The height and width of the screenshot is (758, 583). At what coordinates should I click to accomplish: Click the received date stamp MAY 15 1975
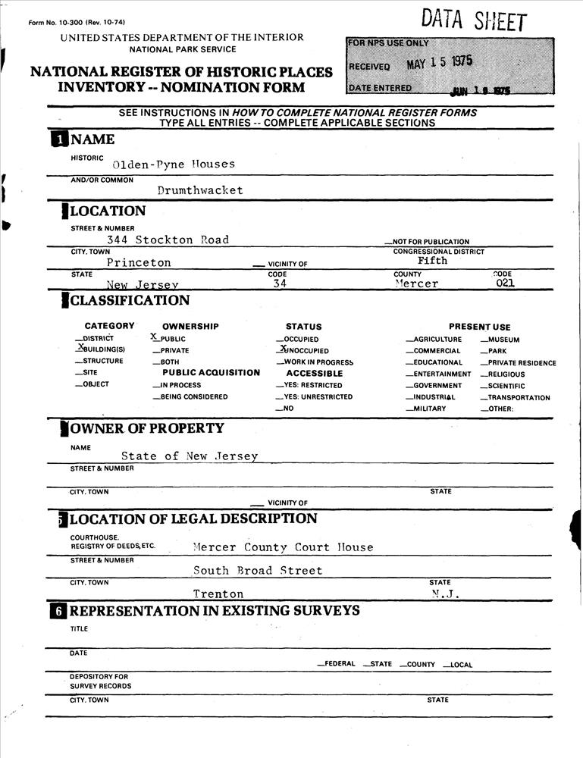(440, 63)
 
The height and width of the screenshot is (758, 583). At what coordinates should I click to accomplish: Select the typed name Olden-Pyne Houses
(174, 164)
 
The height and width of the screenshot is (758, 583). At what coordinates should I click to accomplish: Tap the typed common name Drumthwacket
(200, 190)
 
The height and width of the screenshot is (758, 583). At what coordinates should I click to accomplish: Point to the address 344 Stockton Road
(168, 240)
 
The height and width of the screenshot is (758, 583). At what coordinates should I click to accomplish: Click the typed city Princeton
(139, 262)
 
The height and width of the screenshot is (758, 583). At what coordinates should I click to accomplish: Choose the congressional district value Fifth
(433, 260)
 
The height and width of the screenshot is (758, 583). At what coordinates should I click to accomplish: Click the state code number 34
(280, 283)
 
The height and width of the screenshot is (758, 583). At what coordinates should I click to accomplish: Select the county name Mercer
(416, 283)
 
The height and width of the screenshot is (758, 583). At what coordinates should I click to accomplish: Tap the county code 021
(506, 283)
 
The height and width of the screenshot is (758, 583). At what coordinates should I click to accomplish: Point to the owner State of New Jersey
(190, 456)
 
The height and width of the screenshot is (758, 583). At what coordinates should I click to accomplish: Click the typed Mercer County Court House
(283, 547)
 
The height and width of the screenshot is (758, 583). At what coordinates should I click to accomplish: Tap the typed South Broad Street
(258, 571)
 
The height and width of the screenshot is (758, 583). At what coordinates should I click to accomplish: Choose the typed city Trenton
(218, 594)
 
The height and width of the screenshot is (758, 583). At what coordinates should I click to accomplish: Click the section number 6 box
(58, 611)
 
